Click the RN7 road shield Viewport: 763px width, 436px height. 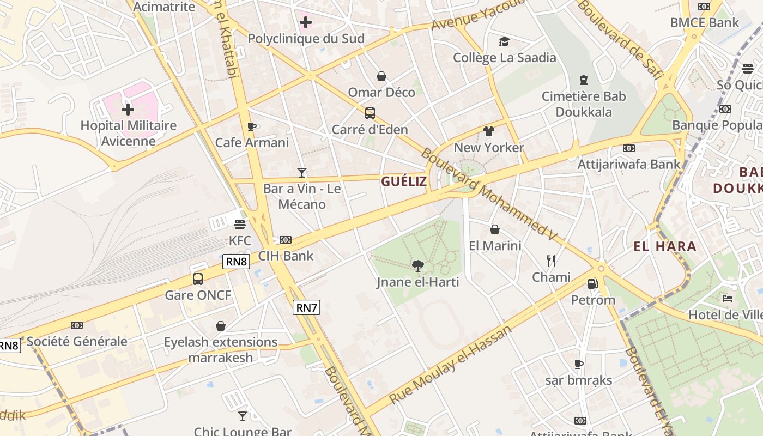306,307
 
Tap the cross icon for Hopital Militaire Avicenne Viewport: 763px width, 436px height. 128,110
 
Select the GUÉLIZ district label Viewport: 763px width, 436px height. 404,181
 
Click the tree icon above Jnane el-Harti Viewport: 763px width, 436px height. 418,266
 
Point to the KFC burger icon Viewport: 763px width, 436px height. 240,224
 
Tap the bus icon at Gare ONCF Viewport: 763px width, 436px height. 198,279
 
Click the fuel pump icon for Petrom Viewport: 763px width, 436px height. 593,283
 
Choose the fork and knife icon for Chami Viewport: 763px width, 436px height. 551,261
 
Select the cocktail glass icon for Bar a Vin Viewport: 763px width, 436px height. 302,173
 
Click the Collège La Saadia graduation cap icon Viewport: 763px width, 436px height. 504,41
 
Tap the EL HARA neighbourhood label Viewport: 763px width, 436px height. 665,246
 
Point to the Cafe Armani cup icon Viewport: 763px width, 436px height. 251,126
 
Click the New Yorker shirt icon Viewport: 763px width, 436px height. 488,131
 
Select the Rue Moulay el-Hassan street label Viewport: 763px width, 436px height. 451,365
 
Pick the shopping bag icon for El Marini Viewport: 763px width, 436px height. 495,229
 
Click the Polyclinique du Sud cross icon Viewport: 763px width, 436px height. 306,22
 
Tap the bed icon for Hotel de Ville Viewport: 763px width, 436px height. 727,299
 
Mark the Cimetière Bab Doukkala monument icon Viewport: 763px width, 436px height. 584,80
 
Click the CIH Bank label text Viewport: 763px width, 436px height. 286,256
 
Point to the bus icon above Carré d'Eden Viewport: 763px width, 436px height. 370,113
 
